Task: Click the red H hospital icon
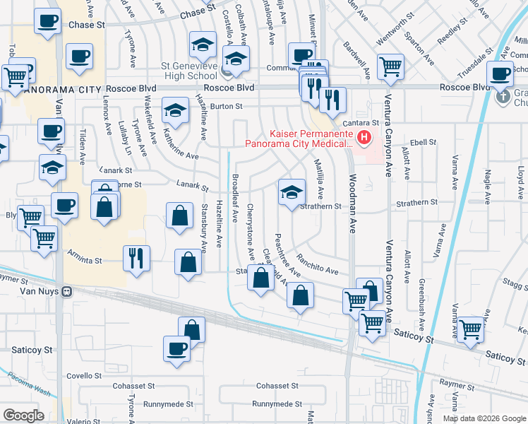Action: tap(364, 137)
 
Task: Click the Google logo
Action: tap(23, 416)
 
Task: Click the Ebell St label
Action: tap(424, 142)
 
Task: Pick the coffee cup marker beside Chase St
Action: tap(47, 21)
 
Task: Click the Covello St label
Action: tap(85, 376)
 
